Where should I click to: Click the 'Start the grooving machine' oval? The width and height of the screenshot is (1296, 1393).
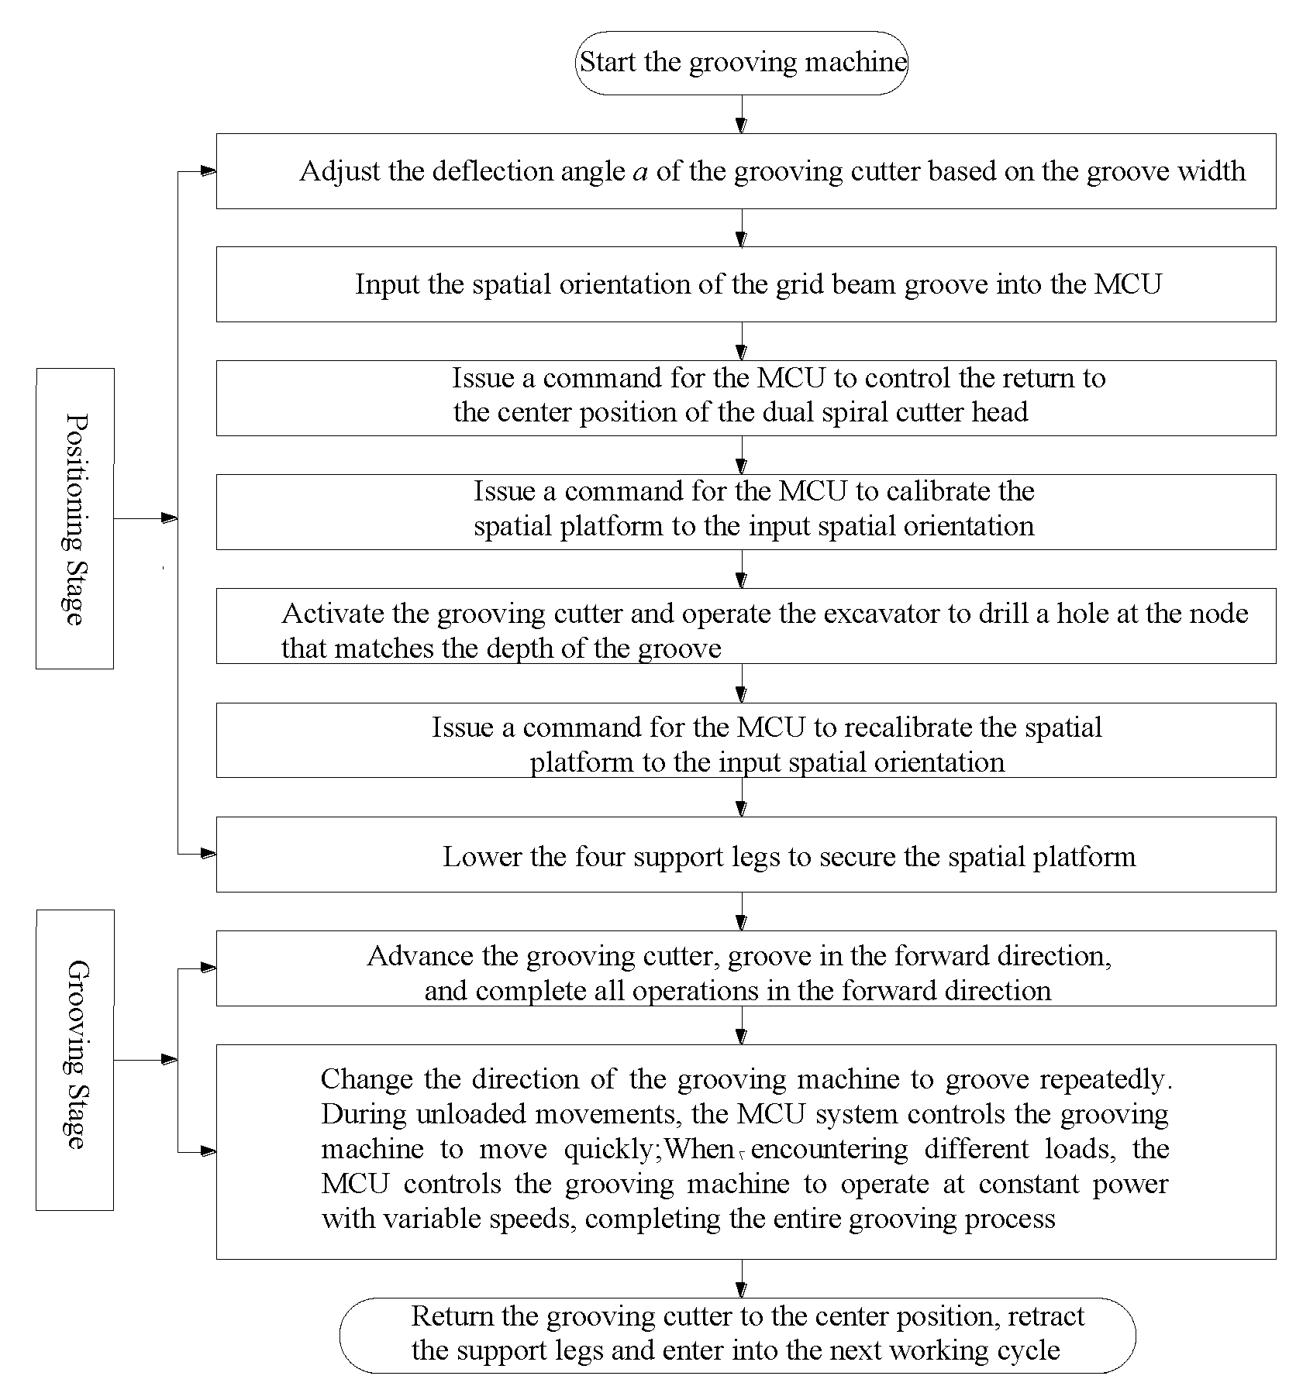tap(742, 63)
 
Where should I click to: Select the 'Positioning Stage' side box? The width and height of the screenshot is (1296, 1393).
tap(75, 518)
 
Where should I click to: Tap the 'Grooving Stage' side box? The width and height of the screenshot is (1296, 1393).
tap(75, 1060)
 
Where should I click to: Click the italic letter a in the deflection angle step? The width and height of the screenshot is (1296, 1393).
tap(640, 172)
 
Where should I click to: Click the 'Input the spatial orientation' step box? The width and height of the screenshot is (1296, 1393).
tap(746, 284)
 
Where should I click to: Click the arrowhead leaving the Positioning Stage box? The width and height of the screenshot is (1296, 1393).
tap(168, 518)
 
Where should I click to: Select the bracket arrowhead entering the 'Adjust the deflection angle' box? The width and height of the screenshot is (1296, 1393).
tap(207, 171)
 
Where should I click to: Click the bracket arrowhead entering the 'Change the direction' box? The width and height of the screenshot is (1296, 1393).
tap(207, 1153)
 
